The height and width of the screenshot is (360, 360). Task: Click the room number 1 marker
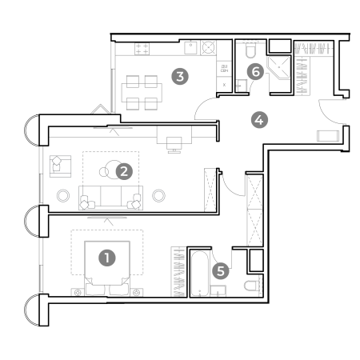(x=107, y=258)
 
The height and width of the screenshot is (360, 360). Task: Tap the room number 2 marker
(x=124, y=171)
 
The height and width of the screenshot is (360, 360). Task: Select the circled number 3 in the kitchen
(x=180, y=76)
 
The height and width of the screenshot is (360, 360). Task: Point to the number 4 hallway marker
(x=259, y=120)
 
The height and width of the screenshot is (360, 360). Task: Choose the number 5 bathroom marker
(x=221, y=271)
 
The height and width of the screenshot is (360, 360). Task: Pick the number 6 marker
(x=255, y=71)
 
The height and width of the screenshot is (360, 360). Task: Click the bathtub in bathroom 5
(x=200, y=274)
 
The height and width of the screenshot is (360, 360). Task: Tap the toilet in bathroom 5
(x=251, y=286)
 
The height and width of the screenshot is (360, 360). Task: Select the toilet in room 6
(x=250, y=50)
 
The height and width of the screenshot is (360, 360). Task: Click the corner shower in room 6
(x=278, y=68)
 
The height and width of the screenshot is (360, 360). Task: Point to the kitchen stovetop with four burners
(x=142, y=49)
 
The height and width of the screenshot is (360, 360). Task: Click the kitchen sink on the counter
(x=190, y=48)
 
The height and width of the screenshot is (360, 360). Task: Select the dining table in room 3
(x=142, y=93)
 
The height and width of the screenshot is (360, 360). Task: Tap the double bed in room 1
(x=107, y=268)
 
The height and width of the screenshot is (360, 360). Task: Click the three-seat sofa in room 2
(x=110, y=198)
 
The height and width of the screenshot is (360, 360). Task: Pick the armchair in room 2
(x=60, y=166)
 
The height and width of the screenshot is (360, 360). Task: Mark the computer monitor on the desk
(x=174, y=144)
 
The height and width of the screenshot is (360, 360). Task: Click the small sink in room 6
(x=242, y=86)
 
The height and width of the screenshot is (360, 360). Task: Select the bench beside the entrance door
(x=328, y=136)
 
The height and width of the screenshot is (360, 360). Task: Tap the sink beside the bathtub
(x=218, y=291)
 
